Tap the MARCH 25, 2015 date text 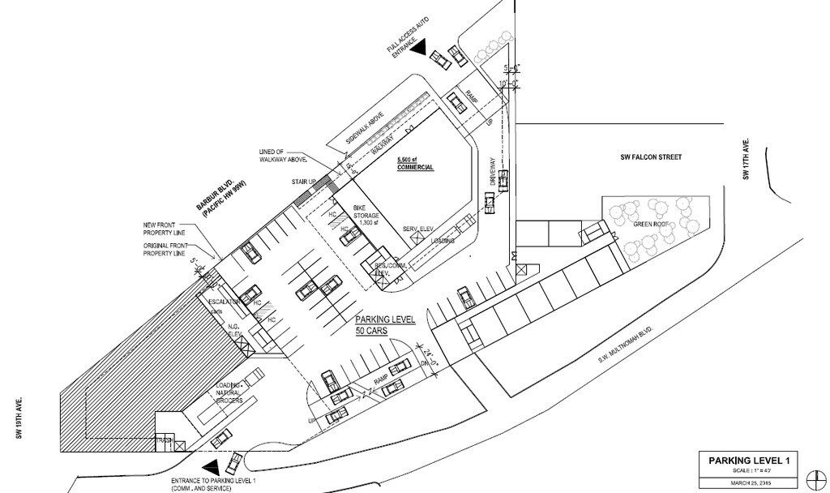[753, 484]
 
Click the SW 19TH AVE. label [17, 421]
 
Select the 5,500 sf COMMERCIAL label [414, 164]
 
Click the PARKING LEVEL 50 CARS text [384, 325]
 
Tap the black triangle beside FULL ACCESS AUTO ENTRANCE [419, 49]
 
